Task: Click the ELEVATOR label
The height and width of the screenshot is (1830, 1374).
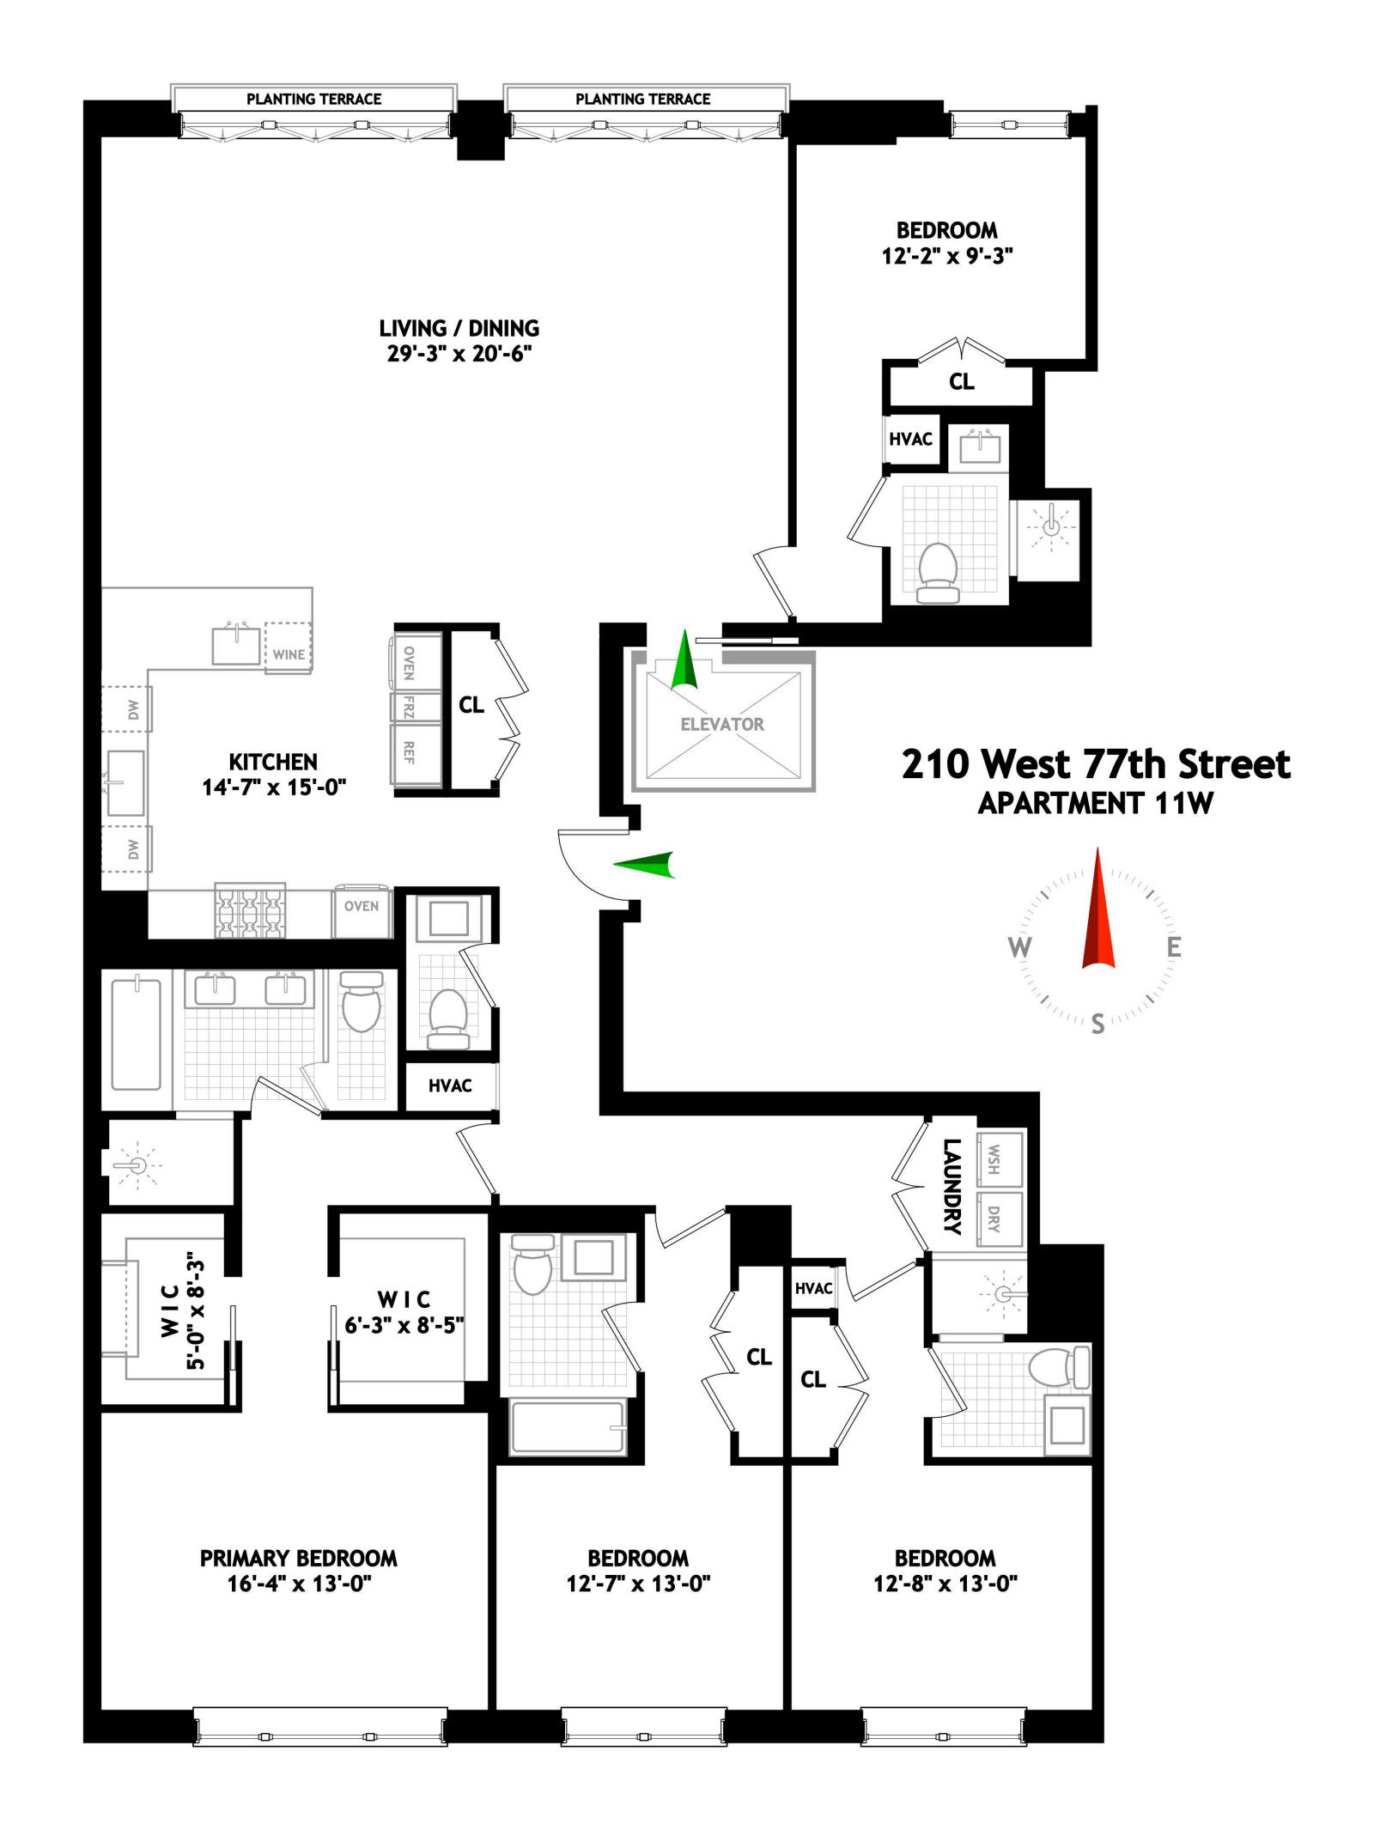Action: coord(721,724)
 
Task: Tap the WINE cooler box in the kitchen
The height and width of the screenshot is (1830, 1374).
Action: coord(289,648)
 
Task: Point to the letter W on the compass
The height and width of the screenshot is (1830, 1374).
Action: coord(1019,947)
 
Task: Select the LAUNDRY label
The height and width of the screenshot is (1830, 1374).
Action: coord(951,1186)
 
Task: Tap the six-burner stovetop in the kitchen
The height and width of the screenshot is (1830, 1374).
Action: coord(249,910)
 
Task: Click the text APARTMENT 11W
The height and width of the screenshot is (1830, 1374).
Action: coord(1095,803)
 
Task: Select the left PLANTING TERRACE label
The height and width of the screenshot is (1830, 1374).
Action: coord(313,99)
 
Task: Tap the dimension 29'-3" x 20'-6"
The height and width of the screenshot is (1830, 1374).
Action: coord(459,354)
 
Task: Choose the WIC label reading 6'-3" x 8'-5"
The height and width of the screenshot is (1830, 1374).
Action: coord(404,1312)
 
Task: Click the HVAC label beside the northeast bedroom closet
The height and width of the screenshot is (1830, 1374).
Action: coord(910,439)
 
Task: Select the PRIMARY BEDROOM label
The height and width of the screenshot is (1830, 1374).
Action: coord(298,1558)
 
